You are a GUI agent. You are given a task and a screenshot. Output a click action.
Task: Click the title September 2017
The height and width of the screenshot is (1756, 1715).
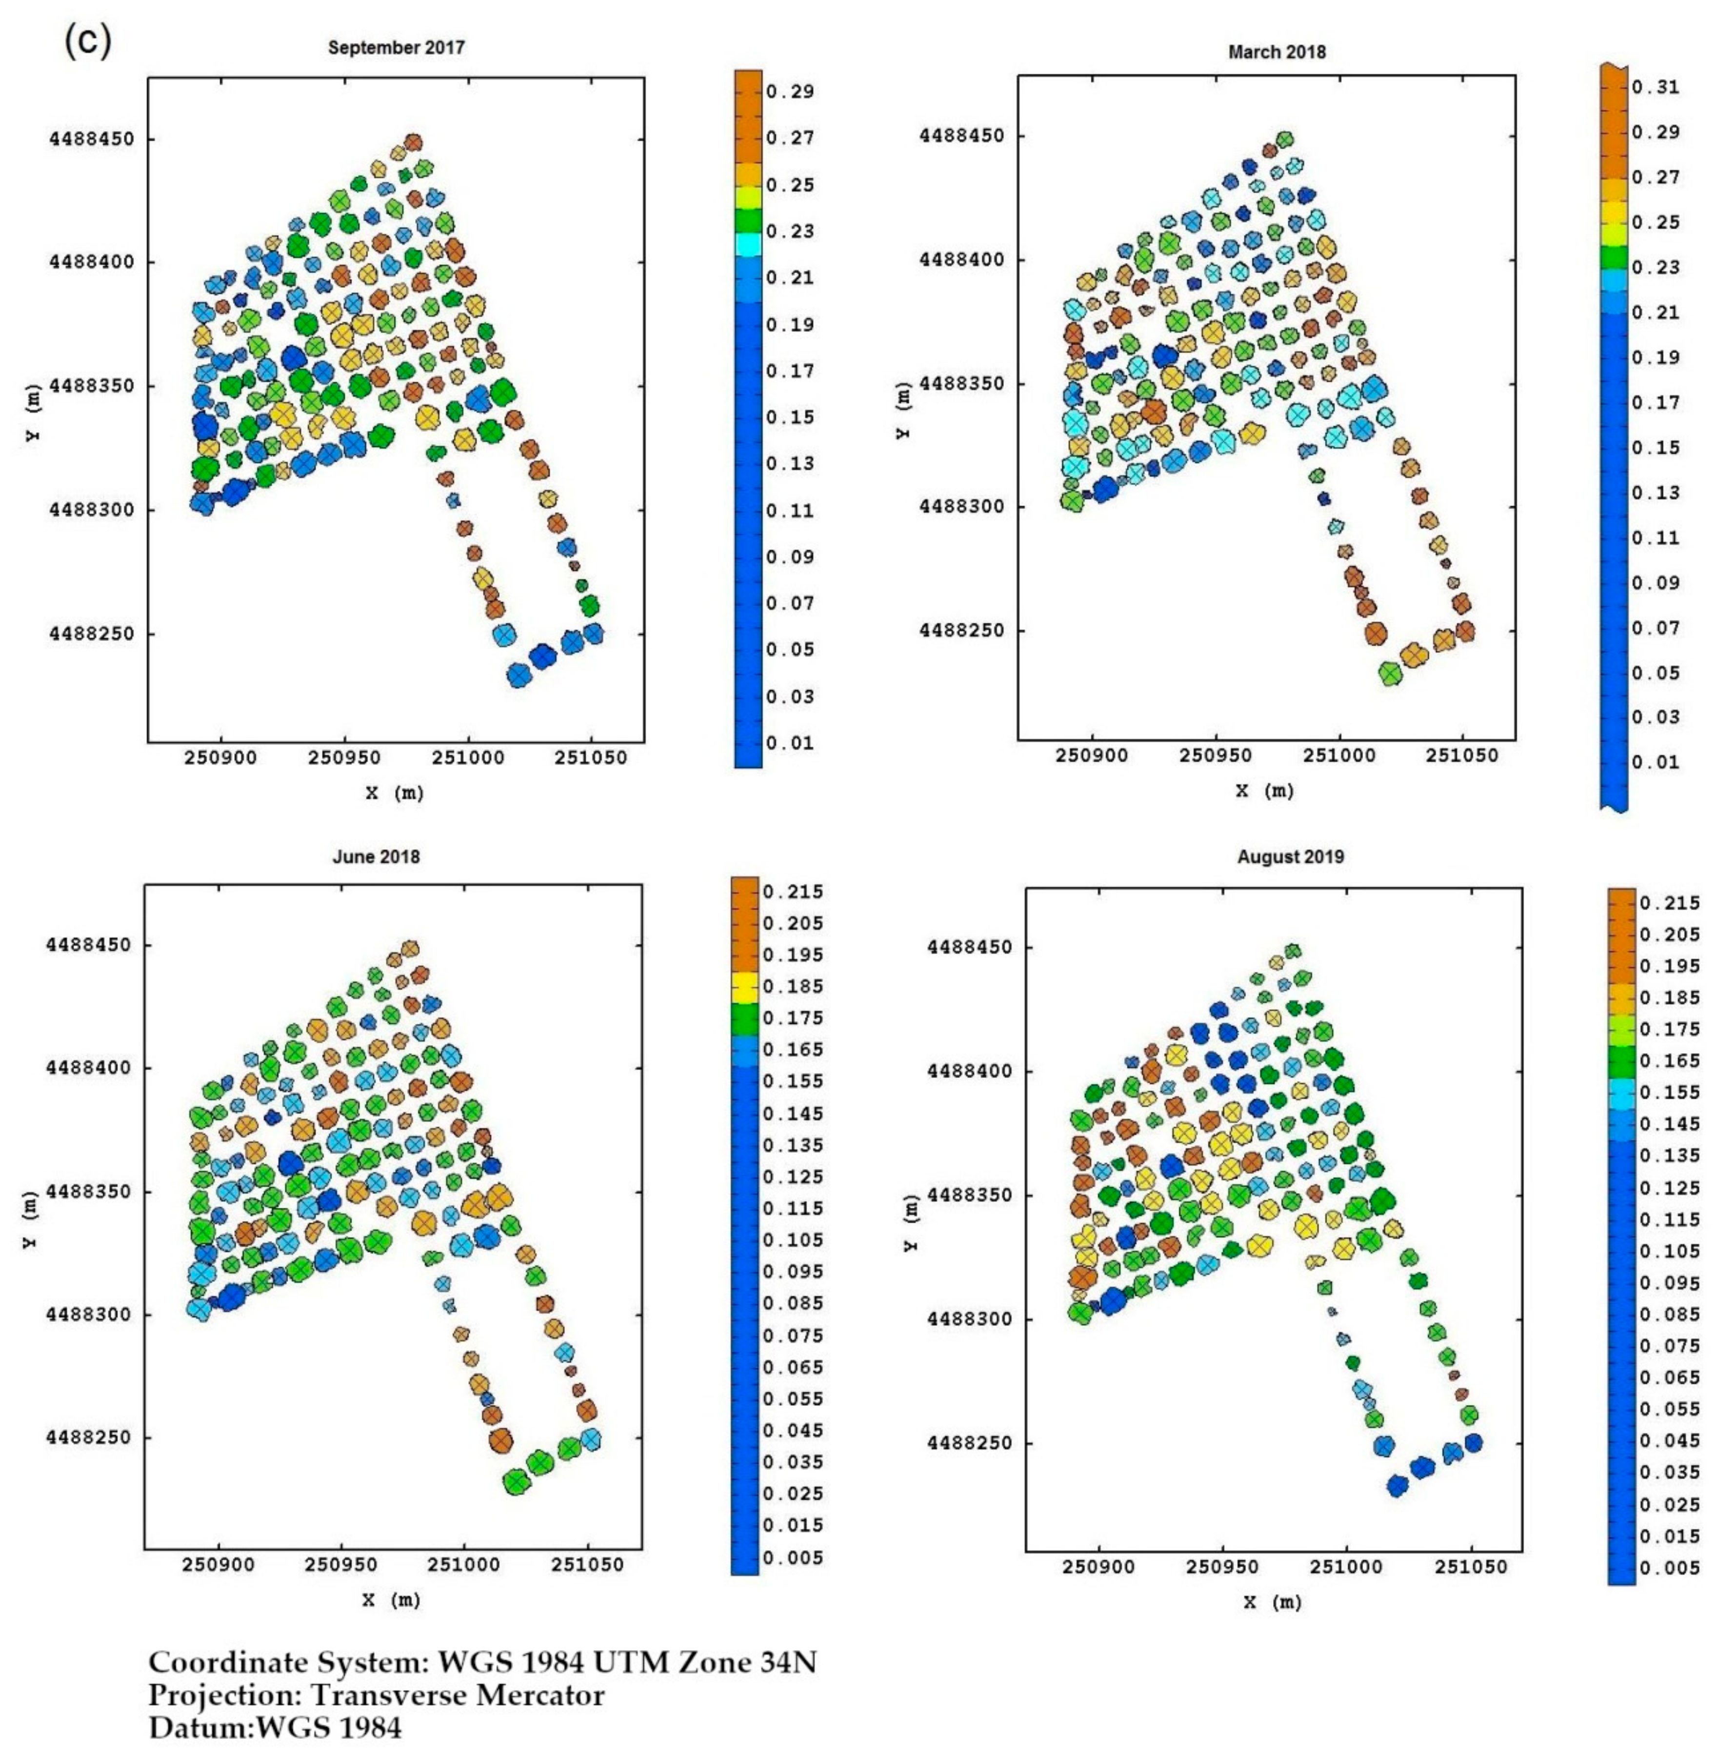(x=397, y=48)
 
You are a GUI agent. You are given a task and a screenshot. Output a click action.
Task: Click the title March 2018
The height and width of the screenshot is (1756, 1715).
(x=1276, y=52)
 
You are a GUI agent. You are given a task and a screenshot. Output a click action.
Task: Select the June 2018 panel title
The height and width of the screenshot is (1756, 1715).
(x=376, y=856)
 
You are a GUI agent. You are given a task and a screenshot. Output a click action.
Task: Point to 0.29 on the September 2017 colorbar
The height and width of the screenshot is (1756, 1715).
(x=790, y=92)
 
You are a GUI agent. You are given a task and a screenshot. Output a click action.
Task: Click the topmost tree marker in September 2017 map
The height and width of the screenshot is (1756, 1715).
(x=413, y=141)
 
